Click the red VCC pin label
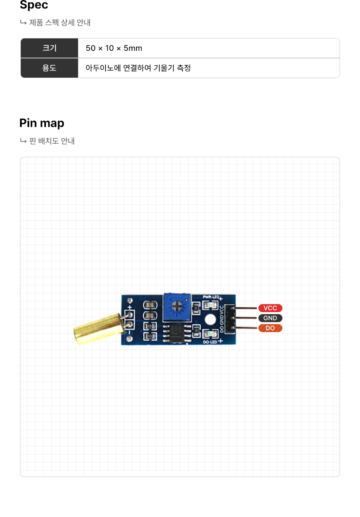coord(270,308)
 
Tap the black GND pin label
coord(270,318)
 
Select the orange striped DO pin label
coord(270,328)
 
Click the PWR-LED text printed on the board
coord(211,297)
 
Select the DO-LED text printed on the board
coord(210,342)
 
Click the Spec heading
coord(34,5)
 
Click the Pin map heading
coord(42,123)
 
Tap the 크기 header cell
coord(49,48)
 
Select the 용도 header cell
coord(49,68)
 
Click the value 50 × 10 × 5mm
coord(114,48)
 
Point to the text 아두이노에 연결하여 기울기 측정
coord(138,68)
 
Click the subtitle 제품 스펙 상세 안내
coord(60,23)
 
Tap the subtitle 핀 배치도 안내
coord(52,141)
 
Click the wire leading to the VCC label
coord(246,308)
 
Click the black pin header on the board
coord(230,319)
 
